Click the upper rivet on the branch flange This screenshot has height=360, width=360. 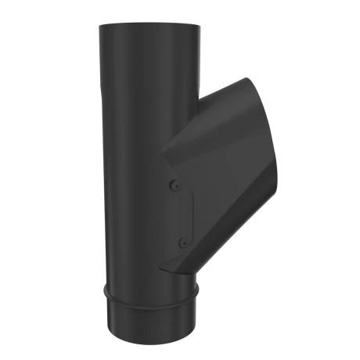click(175, 185)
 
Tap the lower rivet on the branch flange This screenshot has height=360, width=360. click(182, 243)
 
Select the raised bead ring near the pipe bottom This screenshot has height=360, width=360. click(150, 295)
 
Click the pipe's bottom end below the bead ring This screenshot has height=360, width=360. click(150, 321)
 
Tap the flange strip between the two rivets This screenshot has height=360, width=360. click(178, 214)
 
